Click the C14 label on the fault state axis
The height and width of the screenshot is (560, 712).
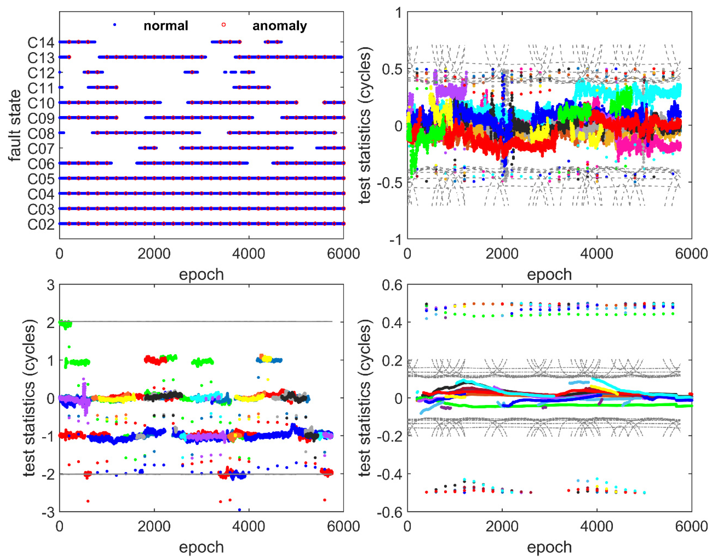click(x=41, y=43)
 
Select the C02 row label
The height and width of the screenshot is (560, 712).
click(x=41, y=225)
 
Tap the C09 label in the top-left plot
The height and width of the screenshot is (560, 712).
click(x=41, y=118)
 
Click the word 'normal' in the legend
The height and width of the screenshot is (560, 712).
click(x=166, y=26)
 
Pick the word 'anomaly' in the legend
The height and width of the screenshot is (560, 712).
click(x=279, y=26)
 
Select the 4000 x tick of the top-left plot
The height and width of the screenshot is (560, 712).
click(x=249, y=254)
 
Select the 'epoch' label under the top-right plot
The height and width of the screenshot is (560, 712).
click(x=549, y=274)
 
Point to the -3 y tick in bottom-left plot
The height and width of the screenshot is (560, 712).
click(x=48, y=512)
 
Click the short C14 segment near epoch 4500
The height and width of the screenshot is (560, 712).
click(x=273, y=42)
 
